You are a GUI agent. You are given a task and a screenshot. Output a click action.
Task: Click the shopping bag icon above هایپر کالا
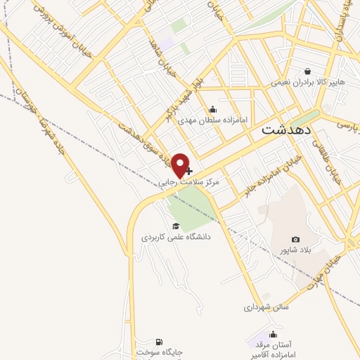(x=308, y=71)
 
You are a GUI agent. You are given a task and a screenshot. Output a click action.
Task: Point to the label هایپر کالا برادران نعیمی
(x=309, y=82)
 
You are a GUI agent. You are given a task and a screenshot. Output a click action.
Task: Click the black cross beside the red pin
(x=189, y=170)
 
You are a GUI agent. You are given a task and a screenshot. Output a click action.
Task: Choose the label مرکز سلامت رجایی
(x=188, y=181)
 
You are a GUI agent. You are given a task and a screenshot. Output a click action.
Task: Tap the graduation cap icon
(x=176, y=226)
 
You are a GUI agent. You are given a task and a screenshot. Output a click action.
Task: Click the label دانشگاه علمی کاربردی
(x=176, y=238)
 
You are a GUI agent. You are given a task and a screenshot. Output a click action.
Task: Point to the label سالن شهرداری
(x=262, y=307)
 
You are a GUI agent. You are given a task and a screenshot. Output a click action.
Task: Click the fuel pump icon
(x=157, y=341)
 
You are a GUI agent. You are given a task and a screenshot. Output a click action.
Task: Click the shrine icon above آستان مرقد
(x=274, y=333)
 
